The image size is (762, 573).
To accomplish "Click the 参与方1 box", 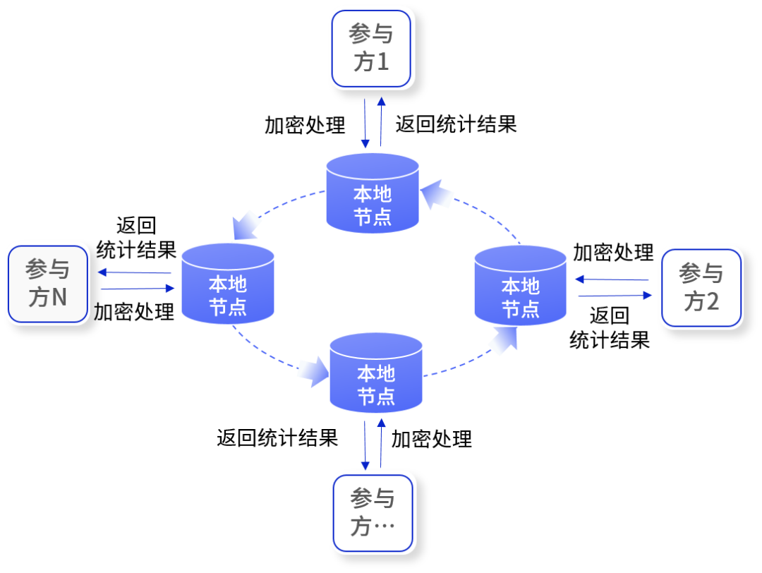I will (x=371, y=48).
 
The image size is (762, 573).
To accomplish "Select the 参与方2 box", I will (x=701, y=287).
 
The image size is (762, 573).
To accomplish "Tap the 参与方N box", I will (x=47, y=283).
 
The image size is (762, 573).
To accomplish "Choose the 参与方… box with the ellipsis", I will (x=373, y=512).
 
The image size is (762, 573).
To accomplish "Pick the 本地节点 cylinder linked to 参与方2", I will (x=520, y=285).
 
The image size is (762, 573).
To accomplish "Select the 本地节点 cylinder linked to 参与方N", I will (x=227, y=284).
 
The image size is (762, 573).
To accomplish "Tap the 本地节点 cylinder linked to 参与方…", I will (x=375, y=373).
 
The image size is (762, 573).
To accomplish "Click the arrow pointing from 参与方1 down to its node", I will (x=365, y=123).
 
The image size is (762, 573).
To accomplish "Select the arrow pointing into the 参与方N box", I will (x=134, y=272).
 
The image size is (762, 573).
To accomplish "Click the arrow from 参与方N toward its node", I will (x=138, y=288).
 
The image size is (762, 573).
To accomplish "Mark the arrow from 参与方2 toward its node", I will (x=611, y=279).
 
